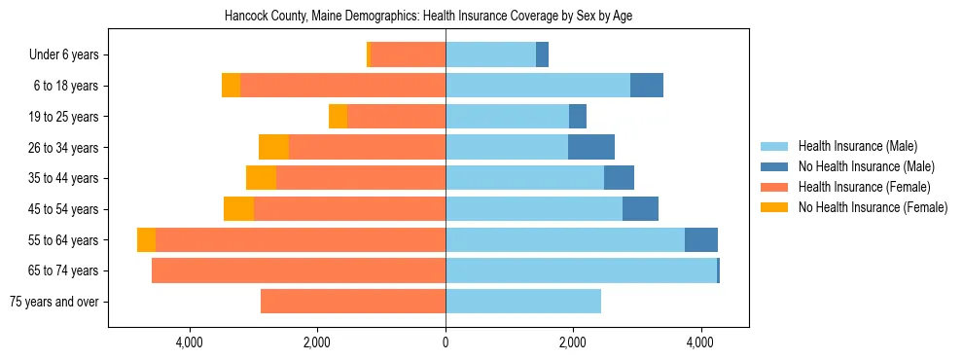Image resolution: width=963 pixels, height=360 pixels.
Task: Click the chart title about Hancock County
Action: click(x=428, y=17)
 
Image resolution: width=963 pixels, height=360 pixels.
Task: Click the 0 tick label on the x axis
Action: click(x=446, y=342)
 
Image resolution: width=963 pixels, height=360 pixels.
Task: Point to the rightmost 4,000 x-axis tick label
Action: click(x=700, y=342)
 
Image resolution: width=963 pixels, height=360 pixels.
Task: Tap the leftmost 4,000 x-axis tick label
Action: click(x=189, y=342)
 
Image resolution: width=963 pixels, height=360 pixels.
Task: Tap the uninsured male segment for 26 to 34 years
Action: click(x=591, y=148)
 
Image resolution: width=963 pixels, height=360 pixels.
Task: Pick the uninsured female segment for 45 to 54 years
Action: click(x=238, y=209)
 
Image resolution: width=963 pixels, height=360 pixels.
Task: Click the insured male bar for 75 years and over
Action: click(x=523, y=302)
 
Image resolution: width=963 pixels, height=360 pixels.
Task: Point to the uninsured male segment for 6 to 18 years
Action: click(x=647, y=86)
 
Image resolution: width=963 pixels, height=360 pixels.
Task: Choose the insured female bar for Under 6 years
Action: click(x=409, y=55)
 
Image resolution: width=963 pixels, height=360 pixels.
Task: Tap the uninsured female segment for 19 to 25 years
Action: click(x=338, y=117)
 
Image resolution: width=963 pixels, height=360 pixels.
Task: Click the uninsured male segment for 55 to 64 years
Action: click(x=701, y=240)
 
